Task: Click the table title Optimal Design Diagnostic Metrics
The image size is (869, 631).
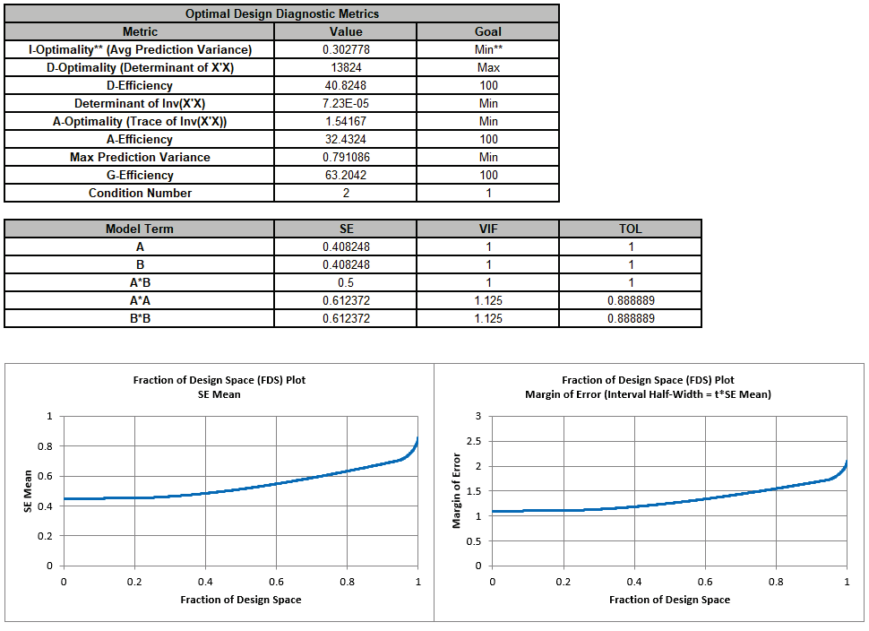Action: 282,13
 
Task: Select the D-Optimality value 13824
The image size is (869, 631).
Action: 346,67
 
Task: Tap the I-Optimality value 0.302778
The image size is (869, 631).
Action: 346,49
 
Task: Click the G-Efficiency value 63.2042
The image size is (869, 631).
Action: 346,175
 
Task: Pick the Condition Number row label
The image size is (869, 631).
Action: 140,193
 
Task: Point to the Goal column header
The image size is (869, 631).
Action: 488,31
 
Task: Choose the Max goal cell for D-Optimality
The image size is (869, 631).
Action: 488,67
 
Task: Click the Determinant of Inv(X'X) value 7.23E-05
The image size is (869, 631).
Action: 346,103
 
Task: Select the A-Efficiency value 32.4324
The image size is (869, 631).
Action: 346,139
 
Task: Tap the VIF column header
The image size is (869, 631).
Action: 488,229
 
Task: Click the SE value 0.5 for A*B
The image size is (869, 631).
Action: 346,282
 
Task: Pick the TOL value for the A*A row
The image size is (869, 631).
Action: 631,300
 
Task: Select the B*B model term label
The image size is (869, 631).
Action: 140,318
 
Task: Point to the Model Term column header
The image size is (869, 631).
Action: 140,229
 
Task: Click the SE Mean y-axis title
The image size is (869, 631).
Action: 28,491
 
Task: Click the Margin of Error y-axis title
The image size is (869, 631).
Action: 457,491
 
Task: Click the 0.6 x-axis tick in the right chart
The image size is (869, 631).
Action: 705,582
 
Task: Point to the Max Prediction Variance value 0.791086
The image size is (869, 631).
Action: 346,157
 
